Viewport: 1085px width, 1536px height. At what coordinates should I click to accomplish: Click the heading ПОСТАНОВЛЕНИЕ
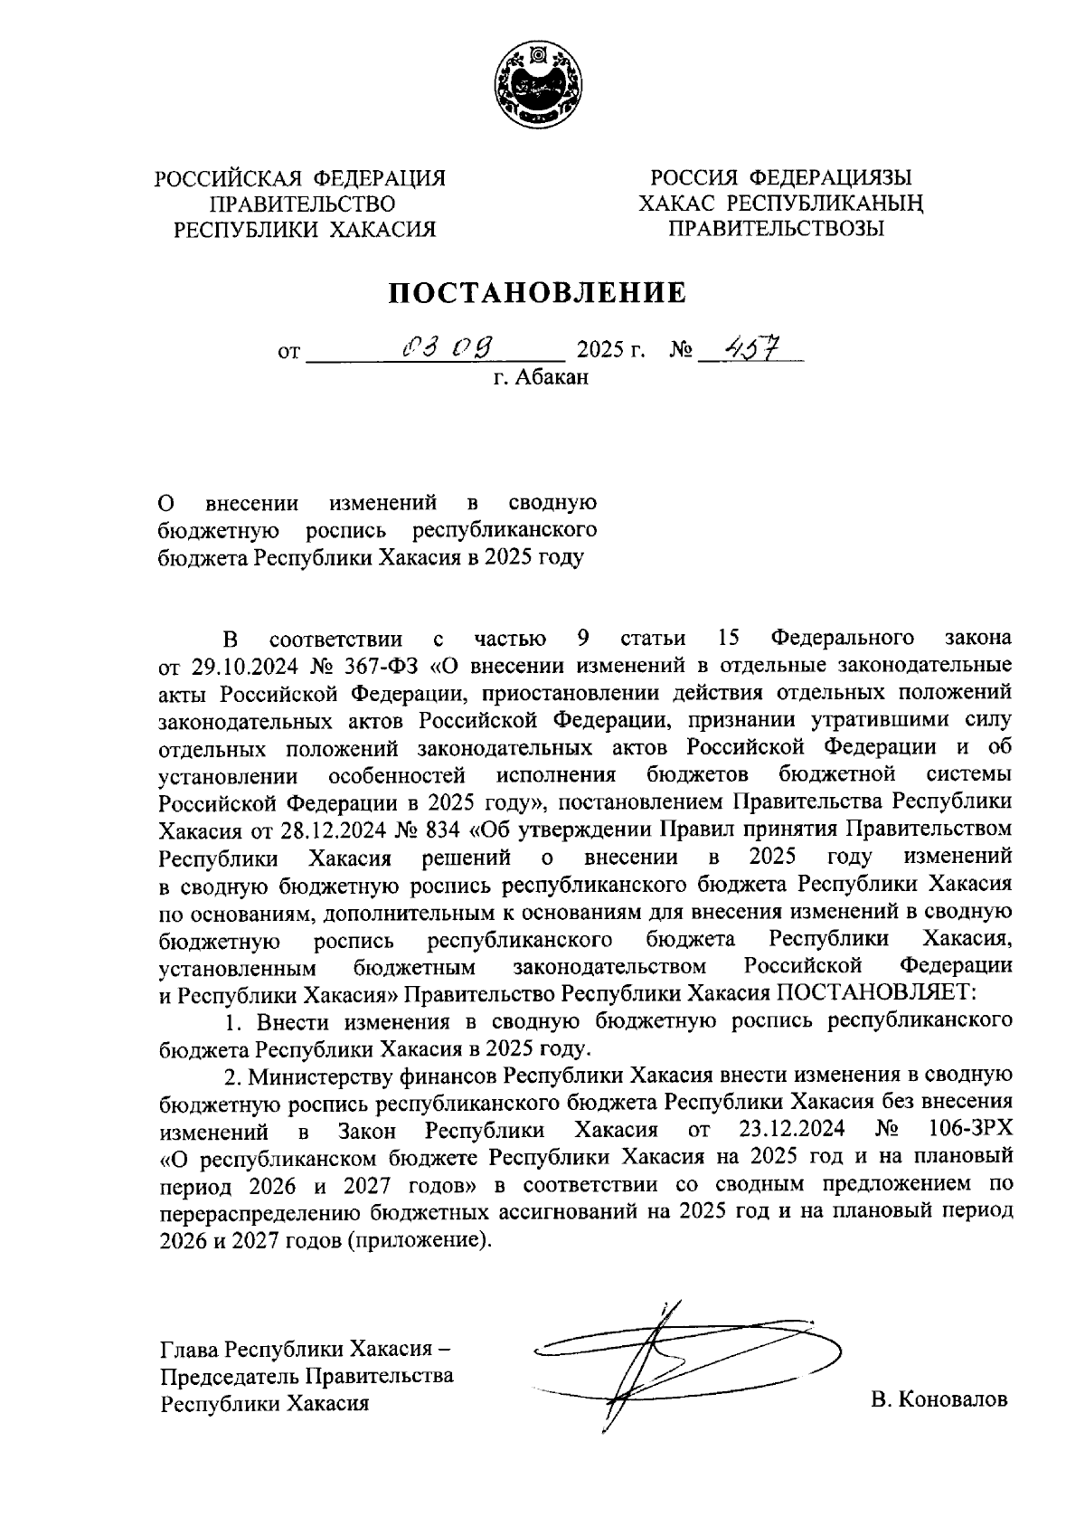point(537,292)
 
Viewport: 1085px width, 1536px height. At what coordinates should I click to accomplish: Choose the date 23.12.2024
point(791,1130)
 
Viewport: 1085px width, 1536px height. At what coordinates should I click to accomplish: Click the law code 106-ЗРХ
point(969,1130)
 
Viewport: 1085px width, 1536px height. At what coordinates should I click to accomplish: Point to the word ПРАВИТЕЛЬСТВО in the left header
point(302,204)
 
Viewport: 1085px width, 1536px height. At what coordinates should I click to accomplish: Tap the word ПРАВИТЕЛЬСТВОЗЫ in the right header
point(775,229)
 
